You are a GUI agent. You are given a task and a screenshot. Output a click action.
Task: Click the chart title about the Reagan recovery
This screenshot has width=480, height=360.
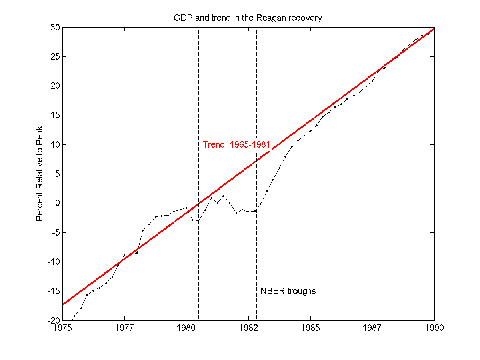point(248,18)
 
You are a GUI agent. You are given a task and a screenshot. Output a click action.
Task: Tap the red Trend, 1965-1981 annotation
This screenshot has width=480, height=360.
point(236,145)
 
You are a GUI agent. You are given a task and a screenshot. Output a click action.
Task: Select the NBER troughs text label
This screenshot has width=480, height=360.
point(288,291)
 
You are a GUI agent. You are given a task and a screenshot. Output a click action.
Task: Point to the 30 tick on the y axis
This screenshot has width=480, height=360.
point(54,27)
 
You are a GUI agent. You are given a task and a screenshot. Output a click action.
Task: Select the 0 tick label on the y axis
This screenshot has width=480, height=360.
point(57,203)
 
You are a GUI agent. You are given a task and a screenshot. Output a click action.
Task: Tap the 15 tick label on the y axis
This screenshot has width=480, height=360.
point(54,115)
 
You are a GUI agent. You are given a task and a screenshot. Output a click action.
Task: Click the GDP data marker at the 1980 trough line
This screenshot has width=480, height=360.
point(198,221)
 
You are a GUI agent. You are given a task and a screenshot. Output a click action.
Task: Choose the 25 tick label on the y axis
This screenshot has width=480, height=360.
point(54,56)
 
